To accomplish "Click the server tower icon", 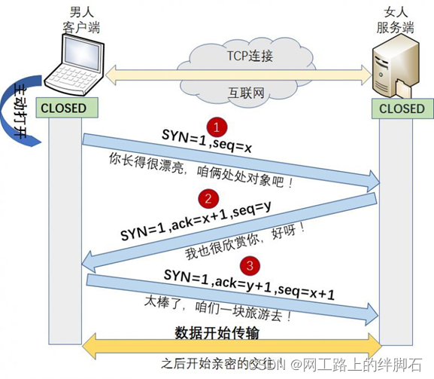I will (396, 70).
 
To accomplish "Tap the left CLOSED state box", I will (64, 109).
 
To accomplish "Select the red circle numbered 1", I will (217, 125).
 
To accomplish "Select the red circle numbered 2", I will (205, 198).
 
